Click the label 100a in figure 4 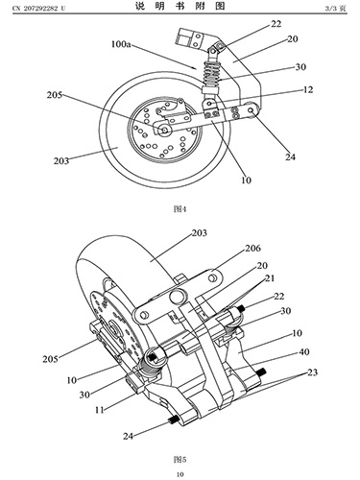(121, 44)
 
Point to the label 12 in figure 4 (307, 89)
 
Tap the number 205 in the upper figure (55, 95)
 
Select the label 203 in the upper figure (61, 160)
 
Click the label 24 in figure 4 (290, 156)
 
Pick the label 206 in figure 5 (252, 248)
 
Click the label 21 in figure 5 (270, 278)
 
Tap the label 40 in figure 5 (304, 352)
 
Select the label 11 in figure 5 (100, 410)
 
